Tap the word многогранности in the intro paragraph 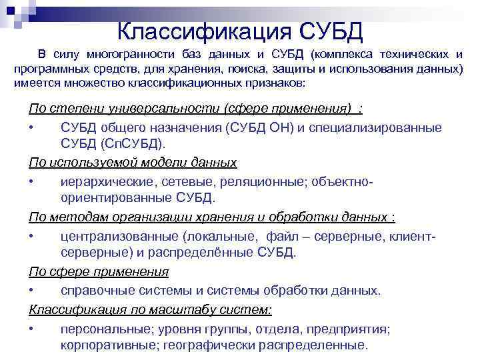tap(130, 54)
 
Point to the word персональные tap(104, 329)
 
